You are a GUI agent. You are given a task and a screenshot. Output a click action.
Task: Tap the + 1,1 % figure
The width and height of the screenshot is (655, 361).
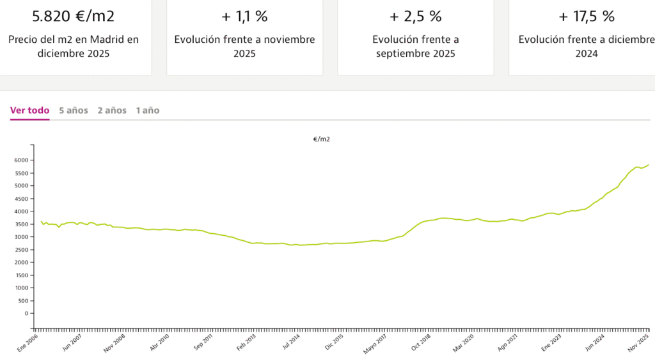click(x=244, y=16)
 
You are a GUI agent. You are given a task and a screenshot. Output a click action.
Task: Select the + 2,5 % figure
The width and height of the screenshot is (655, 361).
click(x=415, y=16)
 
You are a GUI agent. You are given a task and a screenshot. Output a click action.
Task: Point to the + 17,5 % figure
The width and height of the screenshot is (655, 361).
click(x=586, y=16)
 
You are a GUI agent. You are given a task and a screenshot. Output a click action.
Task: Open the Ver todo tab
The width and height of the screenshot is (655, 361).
click(x=29, y=111)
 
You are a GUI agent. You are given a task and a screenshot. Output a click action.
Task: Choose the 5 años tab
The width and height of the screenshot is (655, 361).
click(x=74, y=111)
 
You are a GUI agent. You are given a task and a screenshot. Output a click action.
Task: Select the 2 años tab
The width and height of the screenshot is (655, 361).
click(x=112, y=111)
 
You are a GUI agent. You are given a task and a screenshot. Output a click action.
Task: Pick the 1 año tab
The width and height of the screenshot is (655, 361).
click(x=148, y=111)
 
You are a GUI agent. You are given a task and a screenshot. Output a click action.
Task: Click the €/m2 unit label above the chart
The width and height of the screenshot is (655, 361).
click(x=322, y=139)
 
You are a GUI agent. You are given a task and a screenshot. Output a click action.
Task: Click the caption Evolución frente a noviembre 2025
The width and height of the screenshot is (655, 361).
click(x=244, y=47)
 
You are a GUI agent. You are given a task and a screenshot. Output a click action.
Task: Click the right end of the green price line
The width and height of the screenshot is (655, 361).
click(x=648, y=165)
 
